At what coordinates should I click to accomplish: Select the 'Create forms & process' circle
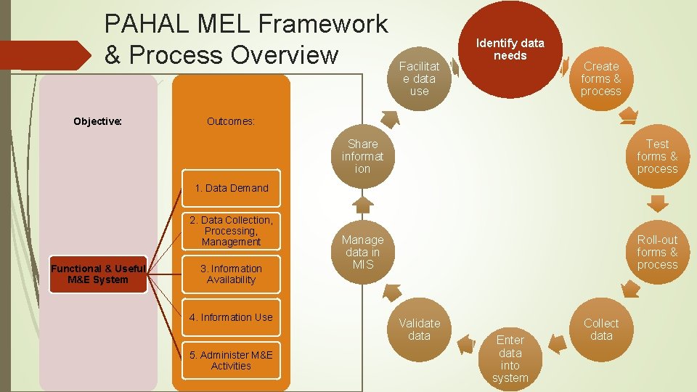[600, 78]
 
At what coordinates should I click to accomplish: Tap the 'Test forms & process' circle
[657, 156]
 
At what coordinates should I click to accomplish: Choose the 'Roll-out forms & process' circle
[657, 252]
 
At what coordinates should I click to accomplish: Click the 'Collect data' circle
[601, 330]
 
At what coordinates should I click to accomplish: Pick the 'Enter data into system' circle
[510, 358]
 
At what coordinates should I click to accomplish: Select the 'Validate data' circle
[419, 330]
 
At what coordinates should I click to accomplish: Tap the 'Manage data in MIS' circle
[362, 252]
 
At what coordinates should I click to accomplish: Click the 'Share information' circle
[362, 156]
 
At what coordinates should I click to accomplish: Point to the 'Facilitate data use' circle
[419, 78]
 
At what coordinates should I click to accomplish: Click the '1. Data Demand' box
[231, 188]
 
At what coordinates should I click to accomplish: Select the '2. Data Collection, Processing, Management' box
[231, 231]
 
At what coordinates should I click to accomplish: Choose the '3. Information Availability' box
[231, 274]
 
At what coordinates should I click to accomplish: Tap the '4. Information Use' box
[231, 317]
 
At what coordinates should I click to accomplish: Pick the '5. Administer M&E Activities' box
[231, 360]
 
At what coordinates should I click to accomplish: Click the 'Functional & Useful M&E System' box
[98, 274]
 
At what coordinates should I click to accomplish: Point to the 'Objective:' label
[98, 121]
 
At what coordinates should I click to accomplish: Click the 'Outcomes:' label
[231, 121]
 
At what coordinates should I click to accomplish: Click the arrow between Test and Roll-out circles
[657, 201]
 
